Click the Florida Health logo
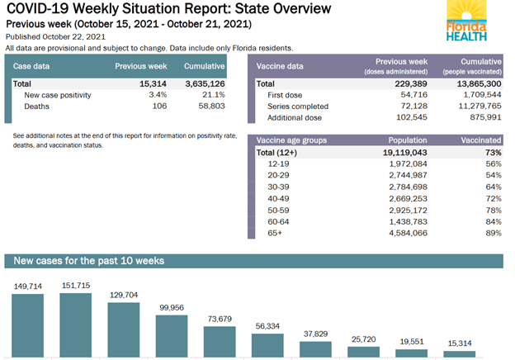(466, 21)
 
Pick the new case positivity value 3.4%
(157, 95)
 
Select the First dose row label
(284, 95)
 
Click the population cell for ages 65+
(405, 234)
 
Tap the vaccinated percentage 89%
(493, 234)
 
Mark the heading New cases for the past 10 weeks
(88, 261)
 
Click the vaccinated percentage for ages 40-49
(493, 199)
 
